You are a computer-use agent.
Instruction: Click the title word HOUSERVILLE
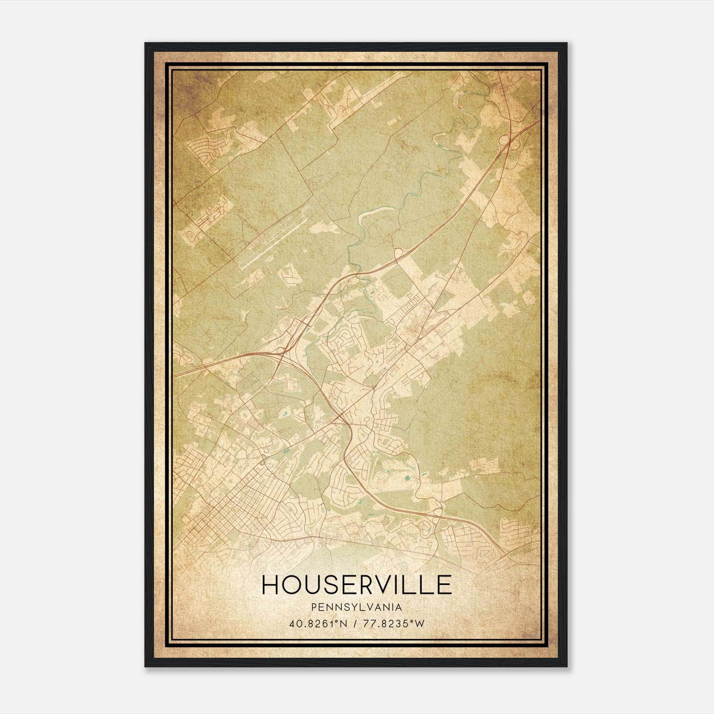pyautogui.click(x=357, y=585)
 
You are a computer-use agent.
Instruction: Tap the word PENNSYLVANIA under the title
pyautogui.click(x=357, y=608)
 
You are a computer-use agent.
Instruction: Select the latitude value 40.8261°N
pyautogui.click(x=316, y=623)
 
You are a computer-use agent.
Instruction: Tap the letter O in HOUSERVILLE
pyautogui.click(x=291, y=585)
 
